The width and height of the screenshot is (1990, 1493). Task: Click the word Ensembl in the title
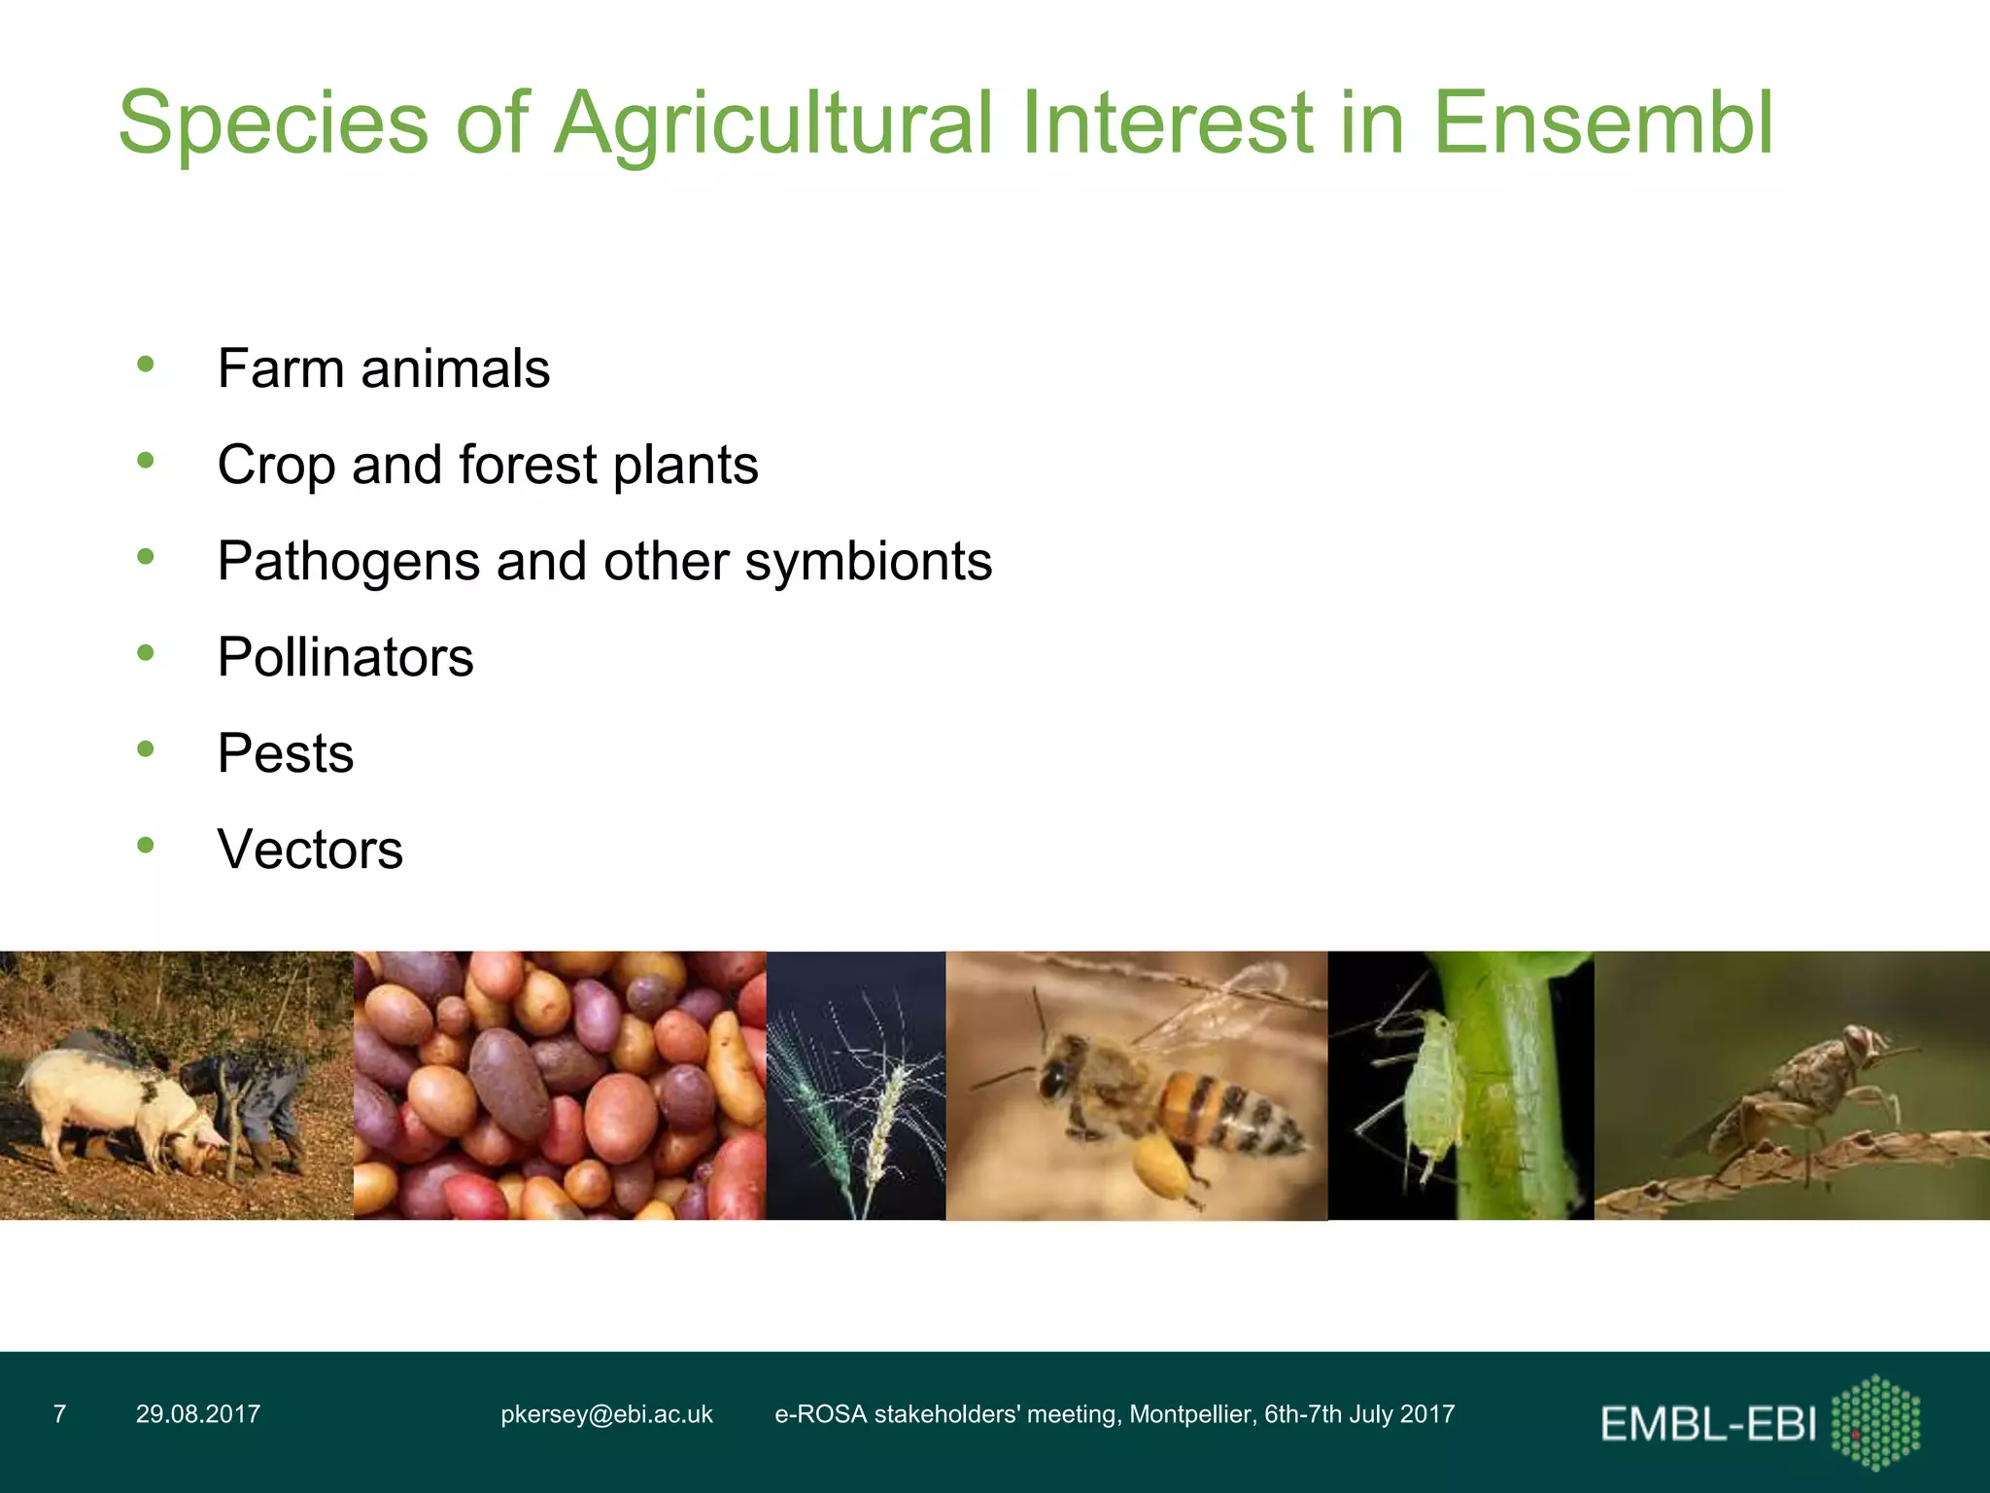coord(1603,123)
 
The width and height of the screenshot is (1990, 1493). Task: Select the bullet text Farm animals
coord(384,369)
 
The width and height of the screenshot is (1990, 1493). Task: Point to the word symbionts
coord(868,562)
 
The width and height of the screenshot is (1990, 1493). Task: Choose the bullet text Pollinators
coord(345,658)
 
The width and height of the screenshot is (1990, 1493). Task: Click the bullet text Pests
coord(286,753)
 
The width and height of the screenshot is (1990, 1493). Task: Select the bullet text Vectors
coord(310,850)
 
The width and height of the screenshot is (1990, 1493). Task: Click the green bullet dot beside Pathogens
coord(146,557)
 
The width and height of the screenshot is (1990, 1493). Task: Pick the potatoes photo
coord(560,1085)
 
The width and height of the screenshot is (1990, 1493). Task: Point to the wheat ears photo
coord(855,1085)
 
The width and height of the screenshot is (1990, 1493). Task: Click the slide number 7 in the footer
coord(60,1414)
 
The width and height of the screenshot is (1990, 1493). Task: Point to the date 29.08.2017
coord(198,1414)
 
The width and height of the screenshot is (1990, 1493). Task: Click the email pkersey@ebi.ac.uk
coord(606,1414)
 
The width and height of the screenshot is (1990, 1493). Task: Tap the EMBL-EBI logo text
coord(1707,1425)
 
